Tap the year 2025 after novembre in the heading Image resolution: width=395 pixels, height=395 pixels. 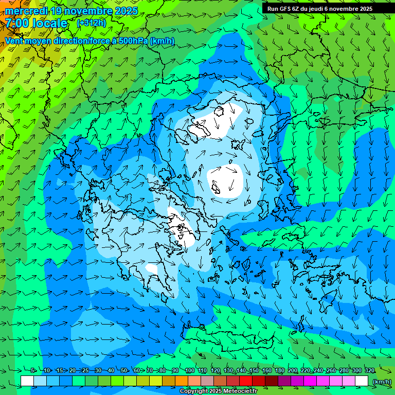[x=124, y=11]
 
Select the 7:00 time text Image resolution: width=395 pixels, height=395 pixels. [x=16, y=23]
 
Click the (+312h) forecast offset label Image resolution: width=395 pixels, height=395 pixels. [x=91, y=23]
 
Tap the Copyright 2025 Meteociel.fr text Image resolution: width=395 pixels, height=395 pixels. [x=219, y=391]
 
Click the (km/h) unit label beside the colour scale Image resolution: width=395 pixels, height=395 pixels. [x=381, y=382]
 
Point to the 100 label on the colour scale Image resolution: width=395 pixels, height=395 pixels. [x=189, y=370]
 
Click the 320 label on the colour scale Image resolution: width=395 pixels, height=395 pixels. [x=369, y=370]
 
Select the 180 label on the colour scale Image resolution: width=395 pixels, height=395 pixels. [x=279, y=370]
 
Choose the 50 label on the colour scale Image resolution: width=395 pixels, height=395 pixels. [x=124, y=370]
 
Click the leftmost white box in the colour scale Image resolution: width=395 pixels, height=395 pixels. [x=27, y=381]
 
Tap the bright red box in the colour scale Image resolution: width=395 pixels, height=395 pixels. [x=246, y=381]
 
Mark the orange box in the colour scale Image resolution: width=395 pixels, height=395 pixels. [x=182, y=381]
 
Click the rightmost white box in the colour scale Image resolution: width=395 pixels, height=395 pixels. [x=362, y=381]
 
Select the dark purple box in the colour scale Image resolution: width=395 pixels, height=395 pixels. [x=284, y=381]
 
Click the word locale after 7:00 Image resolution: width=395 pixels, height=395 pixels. [x=50, y=23]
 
